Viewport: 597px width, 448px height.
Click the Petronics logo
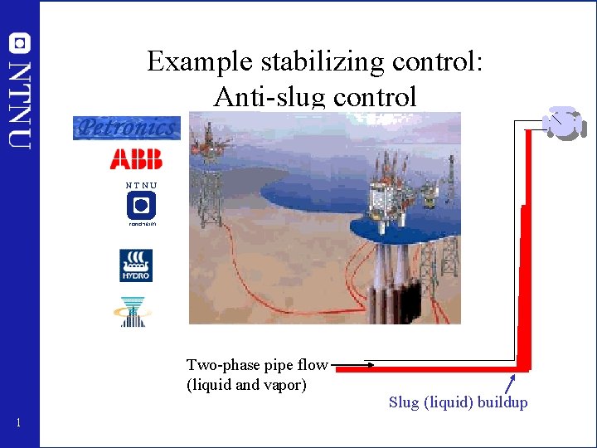pos(126,128)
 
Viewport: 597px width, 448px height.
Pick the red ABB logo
pos(136,158)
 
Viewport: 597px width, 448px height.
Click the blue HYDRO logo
pos(135,265)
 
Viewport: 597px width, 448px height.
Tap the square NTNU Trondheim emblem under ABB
pos(141,205)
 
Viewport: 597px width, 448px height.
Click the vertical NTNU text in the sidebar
pos(20,104)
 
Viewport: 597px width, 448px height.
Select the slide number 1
pos(19,424)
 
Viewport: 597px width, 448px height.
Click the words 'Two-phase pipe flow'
pos(257,365)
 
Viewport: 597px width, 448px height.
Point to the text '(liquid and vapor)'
pos(246,385)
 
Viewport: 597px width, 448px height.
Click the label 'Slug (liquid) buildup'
pos(458,403)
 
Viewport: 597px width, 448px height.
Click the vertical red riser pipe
pos(523,282)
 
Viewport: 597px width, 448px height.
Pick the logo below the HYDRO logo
pos(133,311)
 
